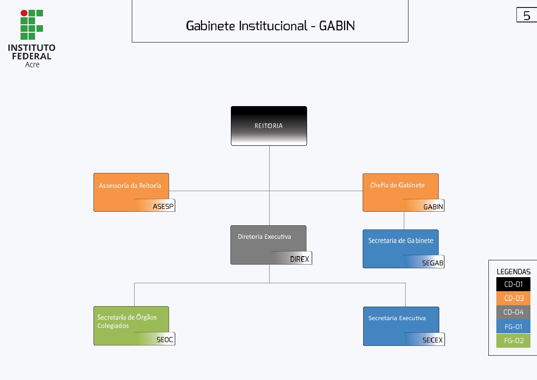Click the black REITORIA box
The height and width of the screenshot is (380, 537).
click(x=269, y=126)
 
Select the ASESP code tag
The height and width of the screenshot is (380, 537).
click(x=163, y=207)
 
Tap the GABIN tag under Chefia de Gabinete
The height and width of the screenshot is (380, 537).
click(x=433, y=207)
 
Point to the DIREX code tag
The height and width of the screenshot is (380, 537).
click(x=300, y=259)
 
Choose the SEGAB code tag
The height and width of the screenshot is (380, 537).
click(x=432, y=263)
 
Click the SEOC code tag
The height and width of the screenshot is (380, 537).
click(x=165, y=340)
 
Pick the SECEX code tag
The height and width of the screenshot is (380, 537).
click(x=432, y=340)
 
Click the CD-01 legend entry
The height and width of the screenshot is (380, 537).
click(x=513, y=284)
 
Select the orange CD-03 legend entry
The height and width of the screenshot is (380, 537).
click(x=513, y=298)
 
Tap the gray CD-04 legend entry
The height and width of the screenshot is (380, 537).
click(x=513, y=312)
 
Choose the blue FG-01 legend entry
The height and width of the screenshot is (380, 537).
click(x=513, y=327)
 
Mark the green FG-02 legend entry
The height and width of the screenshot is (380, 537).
click(x=513, y=341)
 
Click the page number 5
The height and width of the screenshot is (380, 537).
click(x=527, y=16)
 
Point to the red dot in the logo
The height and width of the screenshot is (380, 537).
click(x=24, y=13)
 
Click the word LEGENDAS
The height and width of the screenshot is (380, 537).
click(x=513, y=272)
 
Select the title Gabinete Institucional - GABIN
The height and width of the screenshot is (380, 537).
click(x=270, y=26)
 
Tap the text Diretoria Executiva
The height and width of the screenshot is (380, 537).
click(x=264, y=237)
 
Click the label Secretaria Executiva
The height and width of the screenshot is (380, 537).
click(x=397, y=318)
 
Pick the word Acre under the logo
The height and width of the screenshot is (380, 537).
click(x=32, y=65)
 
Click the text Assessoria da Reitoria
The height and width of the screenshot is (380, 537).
click(x=130, y=186)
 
